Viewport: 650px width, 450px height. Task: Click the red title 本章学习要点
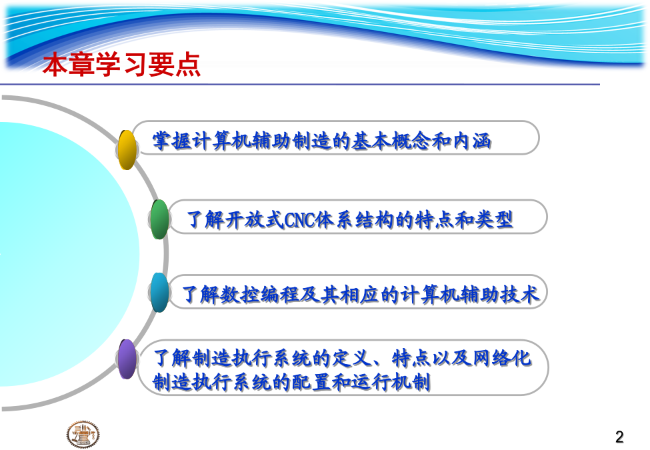tap(121, 65)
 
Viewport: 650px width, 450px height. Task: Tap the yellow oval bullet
tap(127, 149)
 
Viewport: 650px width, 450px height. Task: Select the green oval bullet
tap(159, 219)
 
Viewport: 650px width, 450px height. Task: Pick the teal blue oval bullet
tap(159, 292)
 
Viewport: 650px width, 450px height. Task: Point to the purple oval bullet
tap(127, 359)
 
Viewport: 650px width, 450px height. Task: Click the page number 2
tap(619, 437)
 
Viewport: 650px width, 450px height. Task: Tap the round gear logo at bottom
tap(83, 435)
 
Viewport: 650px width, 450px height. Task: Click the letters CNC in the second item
tap(299, 220)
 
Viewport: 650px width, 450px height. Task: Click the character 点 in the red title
tap(188, 65)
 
